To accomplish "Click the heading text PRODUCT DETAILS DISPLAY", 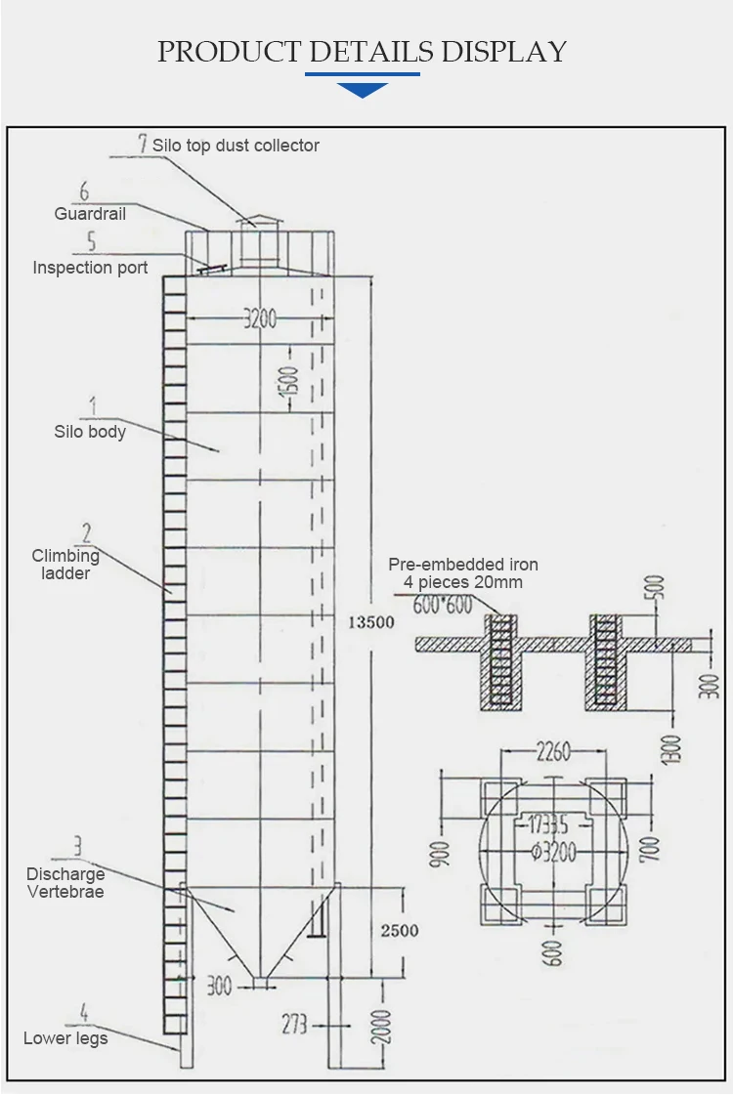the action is pos(363,52).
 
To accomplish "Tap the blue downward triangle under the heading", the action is pos(362,90).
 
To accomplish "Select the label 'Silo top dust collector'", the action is pos(236,146).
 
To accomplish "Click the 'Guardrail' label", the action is pos(90,213).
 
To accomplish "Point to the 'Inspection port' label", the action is pos(90,268).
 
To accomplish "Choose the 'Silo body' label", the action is pos(90,431).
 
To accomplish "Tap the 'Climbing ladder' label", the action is pos(65,565).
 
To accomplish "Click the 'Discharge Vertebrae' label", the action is pos(65,882).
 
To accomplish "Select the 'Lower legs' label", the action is pos(65,1037).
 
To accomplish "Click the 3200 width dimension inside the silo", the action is pos(260,318).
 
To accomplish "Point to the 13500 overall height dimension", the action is pos(370,621).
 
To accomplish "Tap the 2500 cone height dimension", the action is pos(399,930).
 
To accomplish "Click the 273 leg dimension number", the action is pos(294,1024).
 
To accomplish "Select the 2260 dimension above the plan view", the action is pos(553,752).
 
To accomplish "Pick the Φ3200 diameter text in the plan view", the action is pos(553,852).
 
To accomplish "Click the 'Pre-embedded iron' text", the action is pos(463,565).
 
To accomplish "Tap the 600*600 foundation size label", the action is pos(443,605).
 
